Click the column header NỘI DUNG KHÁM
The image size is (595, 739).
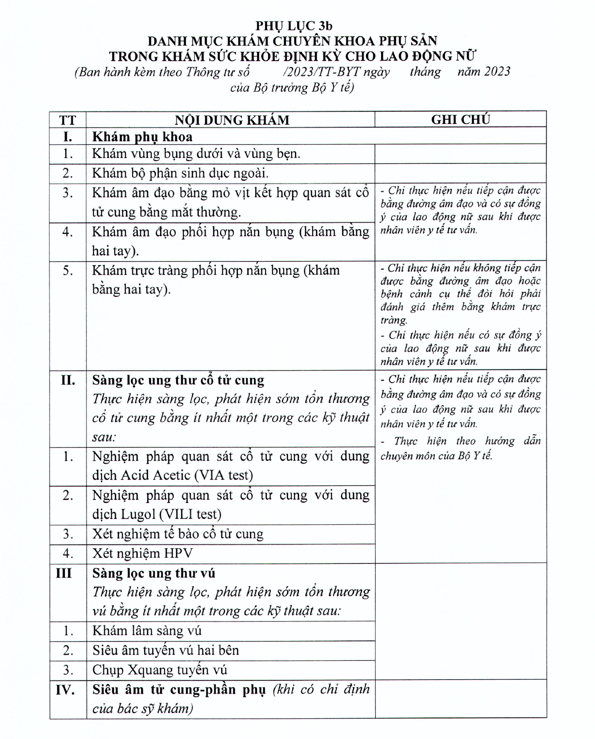click(x=232, y=120)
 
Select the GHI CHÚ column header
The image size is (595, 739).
click(x=460, y=119)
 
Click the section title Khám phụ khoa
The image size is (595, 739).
click(x=142, y=137)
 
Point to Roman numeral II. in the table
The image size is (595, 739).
click(x=68, y=380)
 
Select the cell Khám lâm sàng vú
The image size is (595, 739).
click(x=147, y=631)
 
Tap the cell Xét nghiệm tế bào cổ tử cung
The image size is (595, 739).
click(x=178, y=534)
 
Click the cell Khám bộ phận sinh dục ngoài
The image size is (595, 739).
click(x=180, y=173)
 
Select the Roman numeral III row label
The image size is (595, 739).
click(x=64, y=573)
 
